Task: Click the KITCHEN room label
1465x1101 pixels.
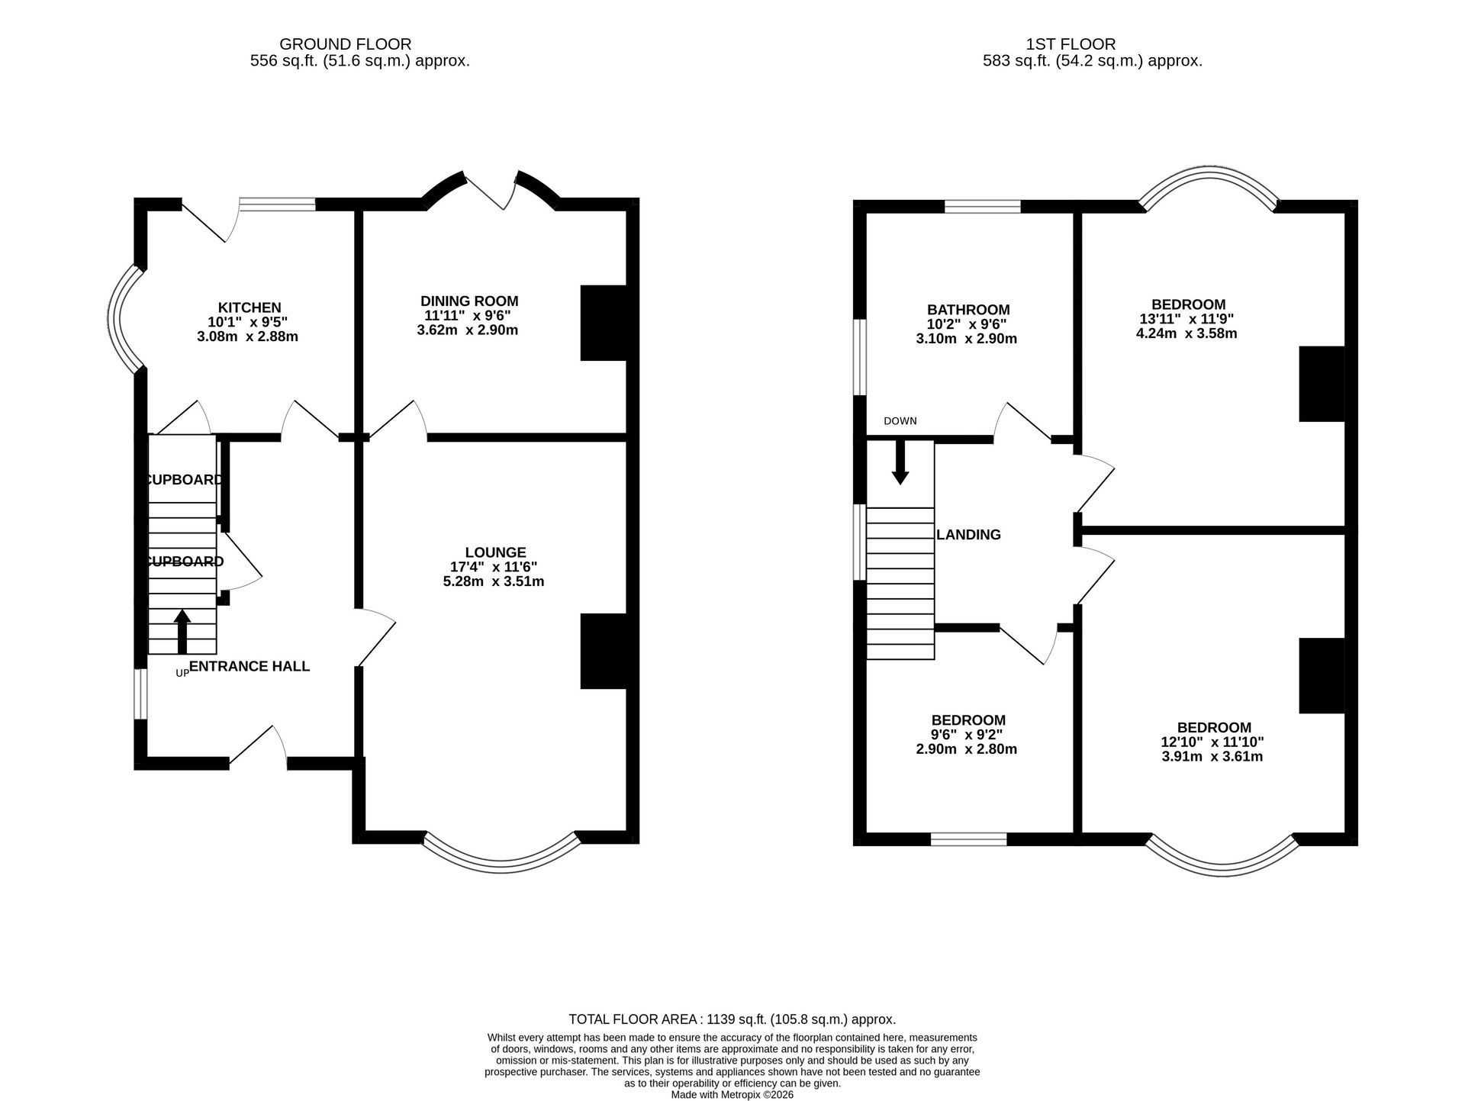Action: [250, 307]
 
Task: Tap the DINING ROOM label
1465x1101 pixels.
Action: [469, 301]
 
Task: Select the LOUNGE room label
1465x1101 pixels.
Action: [496, 552]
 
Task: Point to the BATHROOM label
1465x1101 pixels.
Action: [968, 310]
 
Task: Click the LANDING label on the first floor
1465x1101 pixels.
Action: [968, 535]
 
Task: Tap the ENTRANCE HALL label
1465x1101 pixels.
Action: [250, 666]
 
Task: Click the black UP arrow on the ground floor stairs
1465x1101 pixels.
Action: [182, 631]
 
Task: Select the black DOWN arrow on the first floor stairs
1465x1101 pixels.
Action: [900, 462]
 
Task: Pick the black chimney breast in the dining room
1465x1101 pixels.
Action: [604, 323]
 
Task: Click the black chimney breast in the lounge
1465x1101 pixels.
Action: [604, 652]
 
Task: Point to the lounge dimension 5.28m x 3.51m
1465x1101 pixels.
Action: [494, 581]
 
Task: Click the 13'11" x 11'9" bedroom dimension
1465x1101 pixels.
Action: [1185, 319]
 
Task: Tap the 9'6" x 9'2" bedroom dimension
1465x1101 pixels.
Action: [966, 735]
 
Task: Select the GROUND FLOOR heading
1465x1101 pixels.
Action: [346, 44]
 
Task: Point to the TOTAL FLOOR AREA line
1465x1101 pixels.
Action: [732, 1019]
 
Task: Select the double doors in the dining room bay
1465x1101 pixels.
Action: [492, 189]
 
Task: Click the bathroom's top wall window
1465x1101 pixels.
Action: [983, 206]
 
